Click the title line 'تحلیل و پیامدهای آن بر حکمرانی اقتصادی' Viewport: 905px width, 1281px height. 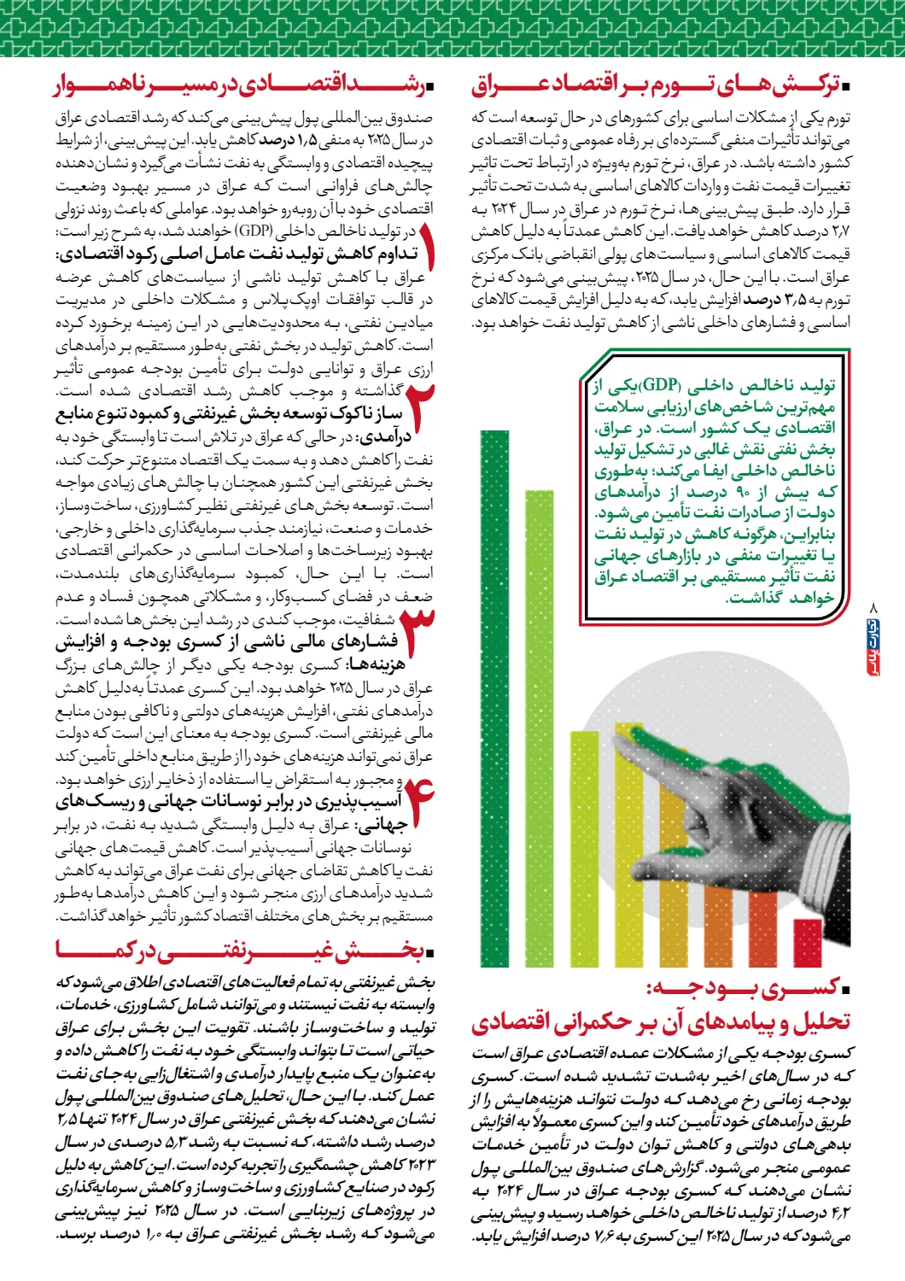pos(661,1021)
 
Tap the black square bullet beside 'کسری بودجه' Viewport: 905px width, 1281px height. pos(845,991)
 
